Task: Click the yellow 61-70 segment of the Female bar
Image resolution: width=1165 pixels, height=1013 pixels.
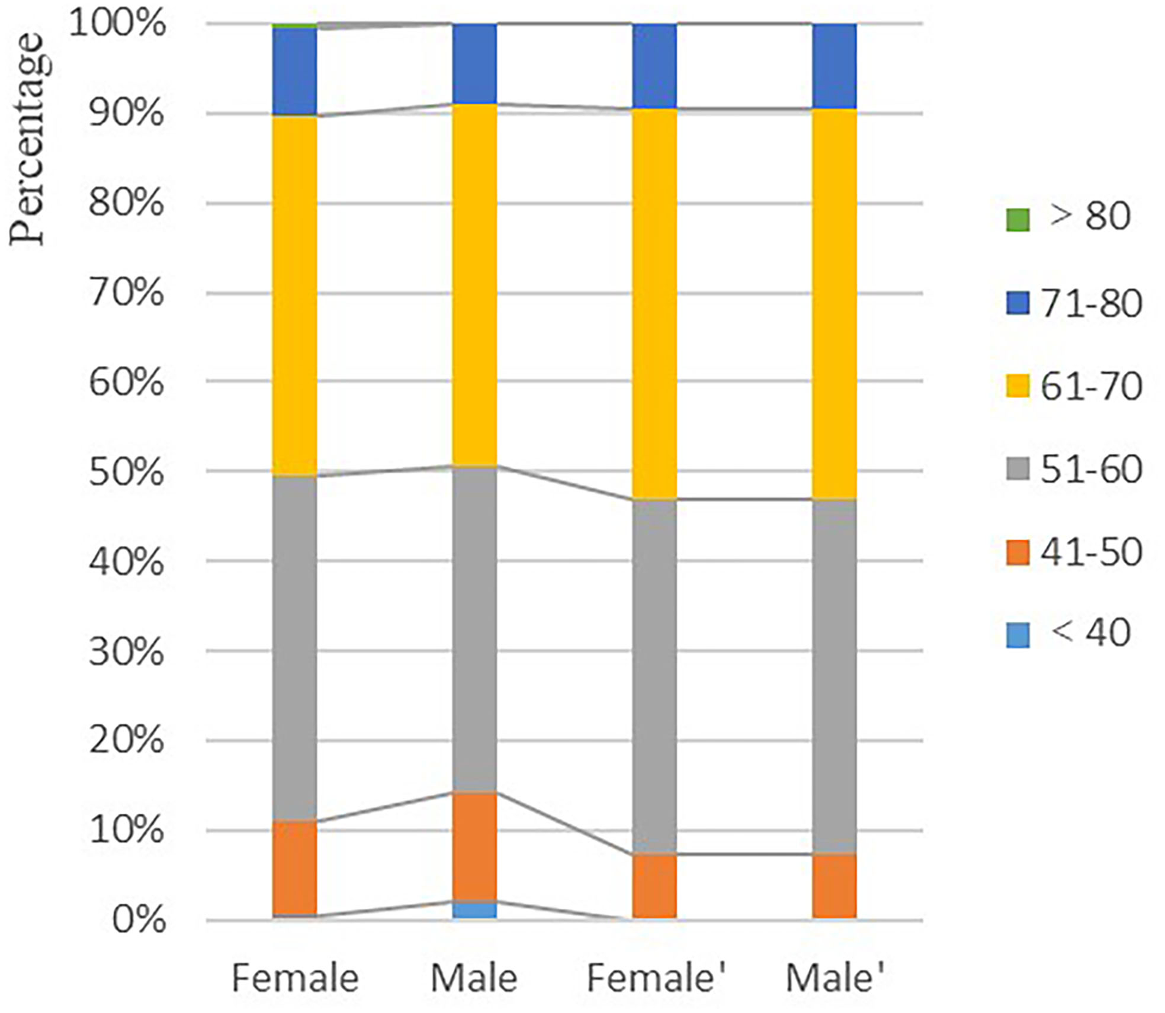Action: [x=295, y=296]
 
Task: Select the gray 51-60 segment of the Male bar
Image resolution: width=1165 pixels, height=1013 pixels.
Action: [x=474, y=628]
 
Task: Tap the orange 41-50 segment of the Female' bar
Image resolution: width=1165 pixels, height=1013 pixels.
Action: [x=654, y=885]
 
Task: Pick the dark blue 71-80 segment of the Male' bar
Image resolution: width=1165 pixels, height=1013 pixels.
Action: [x=834, y=66]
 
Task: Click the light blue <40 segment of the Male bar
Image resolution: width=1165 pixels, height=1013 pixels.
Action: [x=474, y=910]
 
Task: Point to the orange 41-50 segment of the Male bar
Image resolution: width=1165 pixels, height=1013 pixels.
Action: [x=474, y=845]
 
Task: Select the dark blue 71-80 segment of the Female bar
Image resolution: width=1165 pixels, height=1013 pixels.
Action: [x=295, y=71]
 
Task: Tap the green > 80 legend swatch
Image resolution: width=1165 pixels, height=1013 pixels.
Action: [x=1018, y=220]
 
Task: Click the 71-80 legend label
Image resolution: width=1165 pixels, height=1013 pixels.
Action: [x=1091, y=304]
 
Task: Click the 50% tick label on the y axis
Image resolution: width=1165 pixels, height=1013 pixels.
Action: [x=126, y=473]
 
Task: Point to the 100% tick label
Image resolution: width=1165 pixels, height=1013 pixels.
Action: [x=117, y=24]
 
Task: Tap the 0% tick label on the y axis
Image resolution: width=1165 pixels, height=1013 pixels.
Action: [x=138, y=920]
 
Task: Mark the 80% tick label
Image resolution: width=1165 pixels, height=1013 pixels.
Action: [x=126, y=204]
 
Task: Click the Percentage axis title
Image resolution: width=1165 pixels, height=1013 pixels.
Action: [x=26, y=139]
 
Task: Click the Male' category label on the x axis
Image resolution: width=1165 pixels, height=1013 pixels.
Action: [x=834, y=978]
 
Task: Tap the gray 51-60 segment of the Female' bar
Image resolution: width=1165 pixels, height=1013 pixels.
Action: [x=654, y=676]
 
